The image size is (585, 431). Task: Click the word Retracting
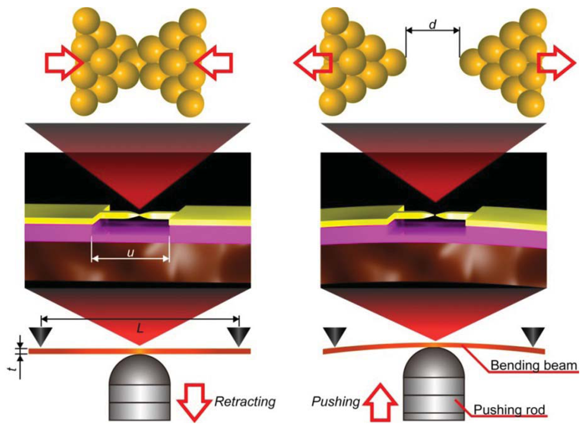(245, 402)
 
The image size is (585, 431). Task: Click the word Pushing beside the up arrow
(333, 402)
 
